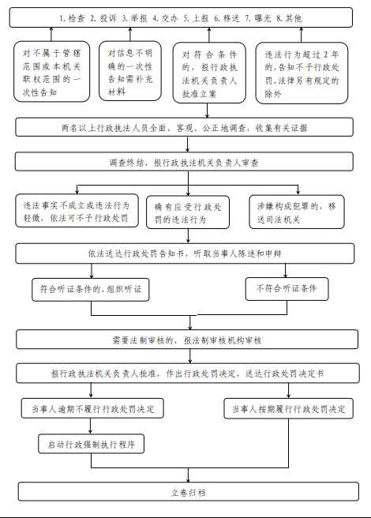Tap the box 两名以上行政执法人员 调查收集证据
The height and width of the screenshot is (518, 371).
pyautogui.click(x=187, y=128)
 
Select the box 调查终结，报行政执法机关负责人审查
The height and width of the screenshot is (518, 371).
pyautogui.click(x=187, y=161)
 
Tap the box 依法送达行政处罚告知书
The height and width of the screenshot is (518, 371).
pyautogui.click(x=187, y=253)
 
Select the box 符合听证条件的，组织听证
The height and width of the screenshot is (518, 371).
pyautogui.click(x=91, y=290)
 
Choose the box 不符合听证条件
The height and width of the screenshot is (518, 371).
pyautogui.click(x=297, y=289)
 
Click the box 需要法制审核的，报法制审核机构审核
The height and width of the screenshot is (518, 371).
pyautogui.click(x=187, y=340)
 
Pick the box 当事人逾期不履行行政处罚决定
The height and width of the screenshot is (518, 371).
pyautogui.click(x=92, y=409)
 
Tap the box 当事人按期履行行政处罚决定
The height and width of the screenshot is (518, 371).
pyautogui.click(x=288, y=409)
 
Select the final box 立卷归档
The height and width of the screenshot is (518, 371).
pyautogui.click(x=187, y=491)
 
